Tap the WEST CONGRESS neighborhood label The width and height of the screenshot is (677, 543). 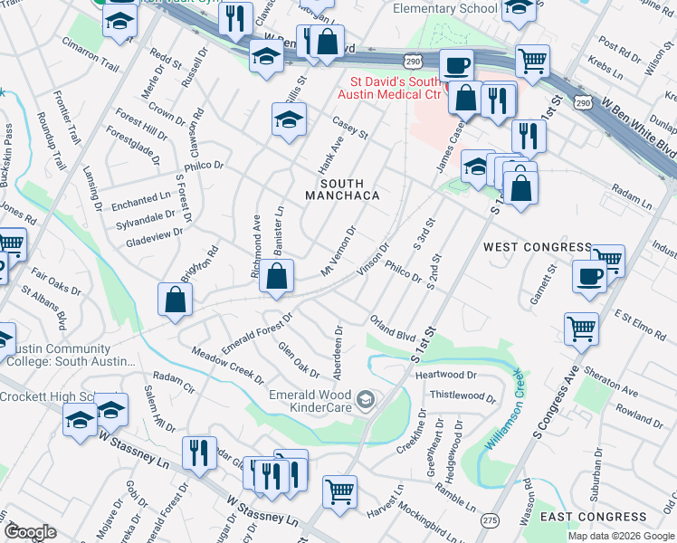(x=524, y=246)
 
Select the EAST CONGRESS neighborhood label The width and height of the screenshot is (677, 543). (x=593, y=517)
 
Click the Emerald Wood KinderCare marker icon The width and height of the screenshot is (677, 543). (x=365, y=399)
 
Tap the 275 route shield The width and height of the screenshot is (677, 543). (x=490, y=520)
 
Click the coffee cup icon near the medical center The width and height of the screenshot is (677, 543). (x=455, y=65)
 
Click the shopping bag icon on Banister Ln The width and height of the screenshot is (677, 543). (x=278, y=275)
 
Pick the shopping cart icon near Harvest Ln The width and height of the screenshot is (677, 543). (x=340, y=491)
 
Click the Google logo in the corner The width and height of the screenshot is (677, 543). (x=29, y=532)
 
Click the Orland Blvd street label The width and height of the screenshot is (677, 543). (x=392, y=328)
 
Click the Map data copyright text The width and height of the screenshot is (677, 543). (x=620, y=536)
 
